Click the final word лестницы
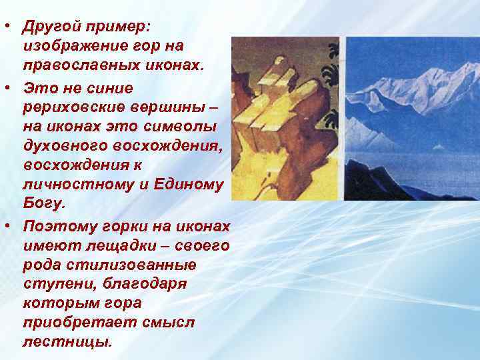[x=67, y=342]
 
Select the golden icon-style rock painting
[x=285, y=119]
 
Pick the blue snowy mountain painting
[x=411, y=119]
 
